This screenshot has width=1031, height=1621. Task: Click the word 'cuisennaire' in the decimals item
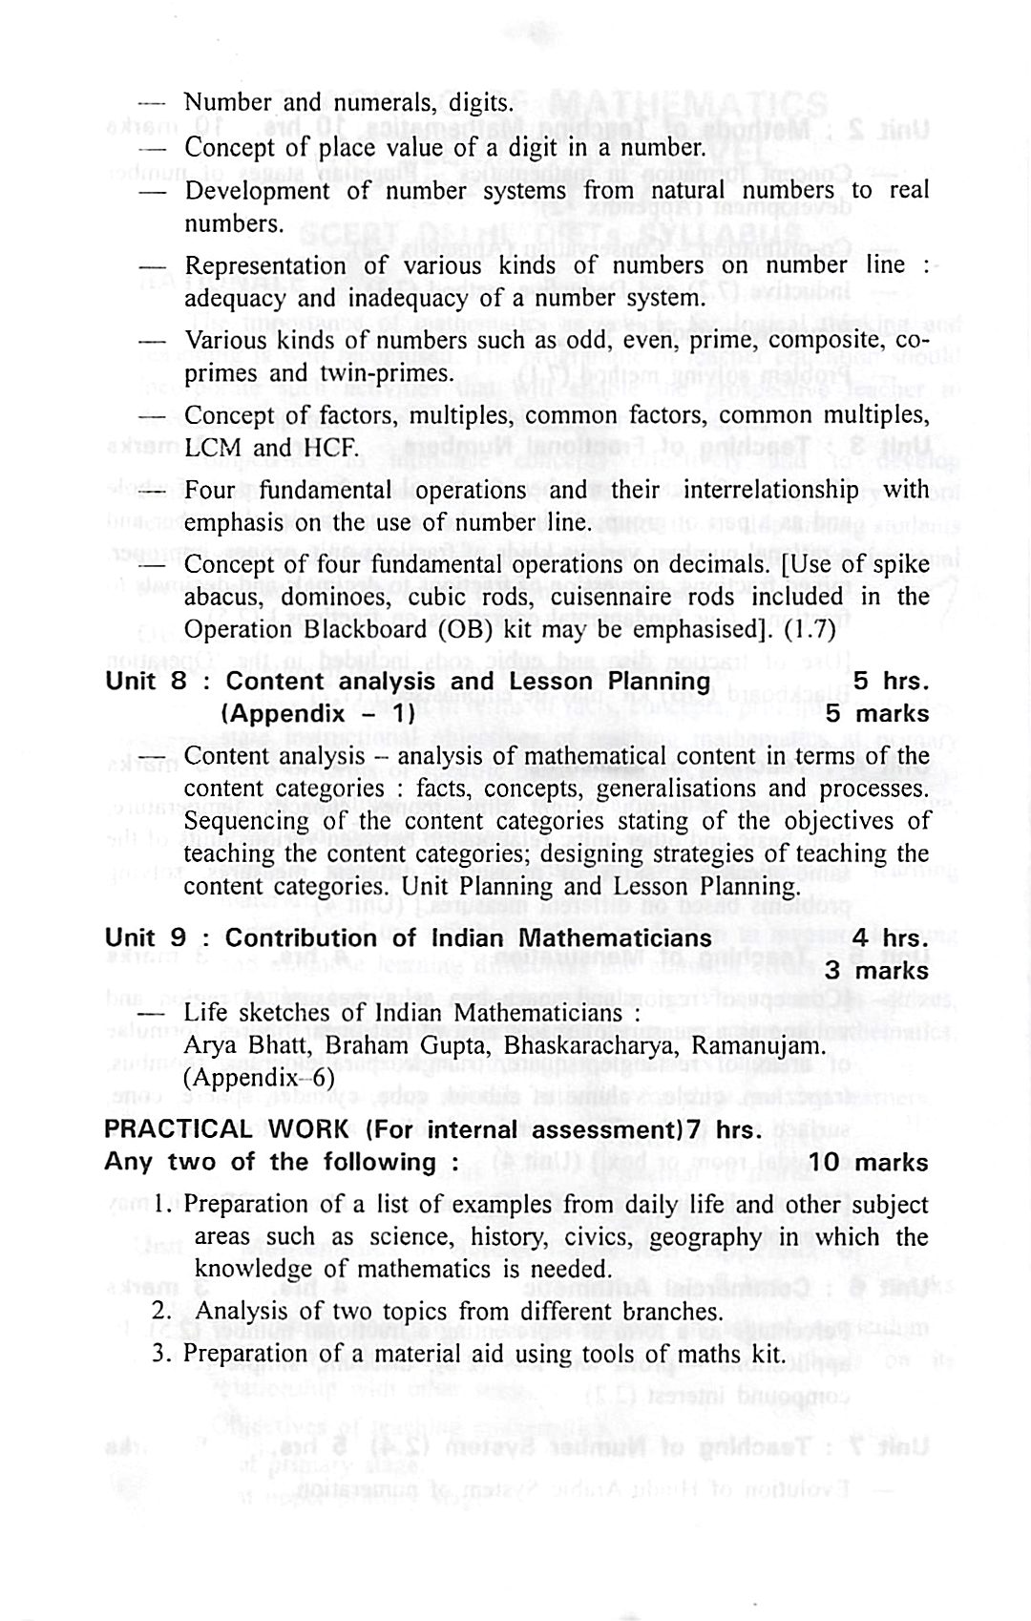[621, 597]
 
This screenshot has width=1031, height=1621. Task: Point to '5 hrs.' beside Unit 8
[891, 682]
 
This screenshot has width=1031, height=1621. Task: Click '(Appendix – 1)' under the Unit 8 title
[317, 714]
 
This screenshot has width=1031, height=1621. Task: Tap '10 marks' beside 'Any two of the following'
[868, 1163]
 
